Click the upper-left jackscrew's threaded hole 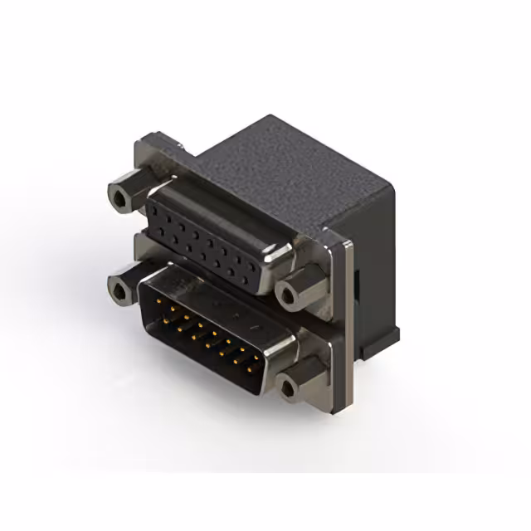121,199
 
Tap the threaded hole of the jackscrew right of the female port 287,293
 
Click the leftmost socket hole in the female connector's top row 157,212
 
